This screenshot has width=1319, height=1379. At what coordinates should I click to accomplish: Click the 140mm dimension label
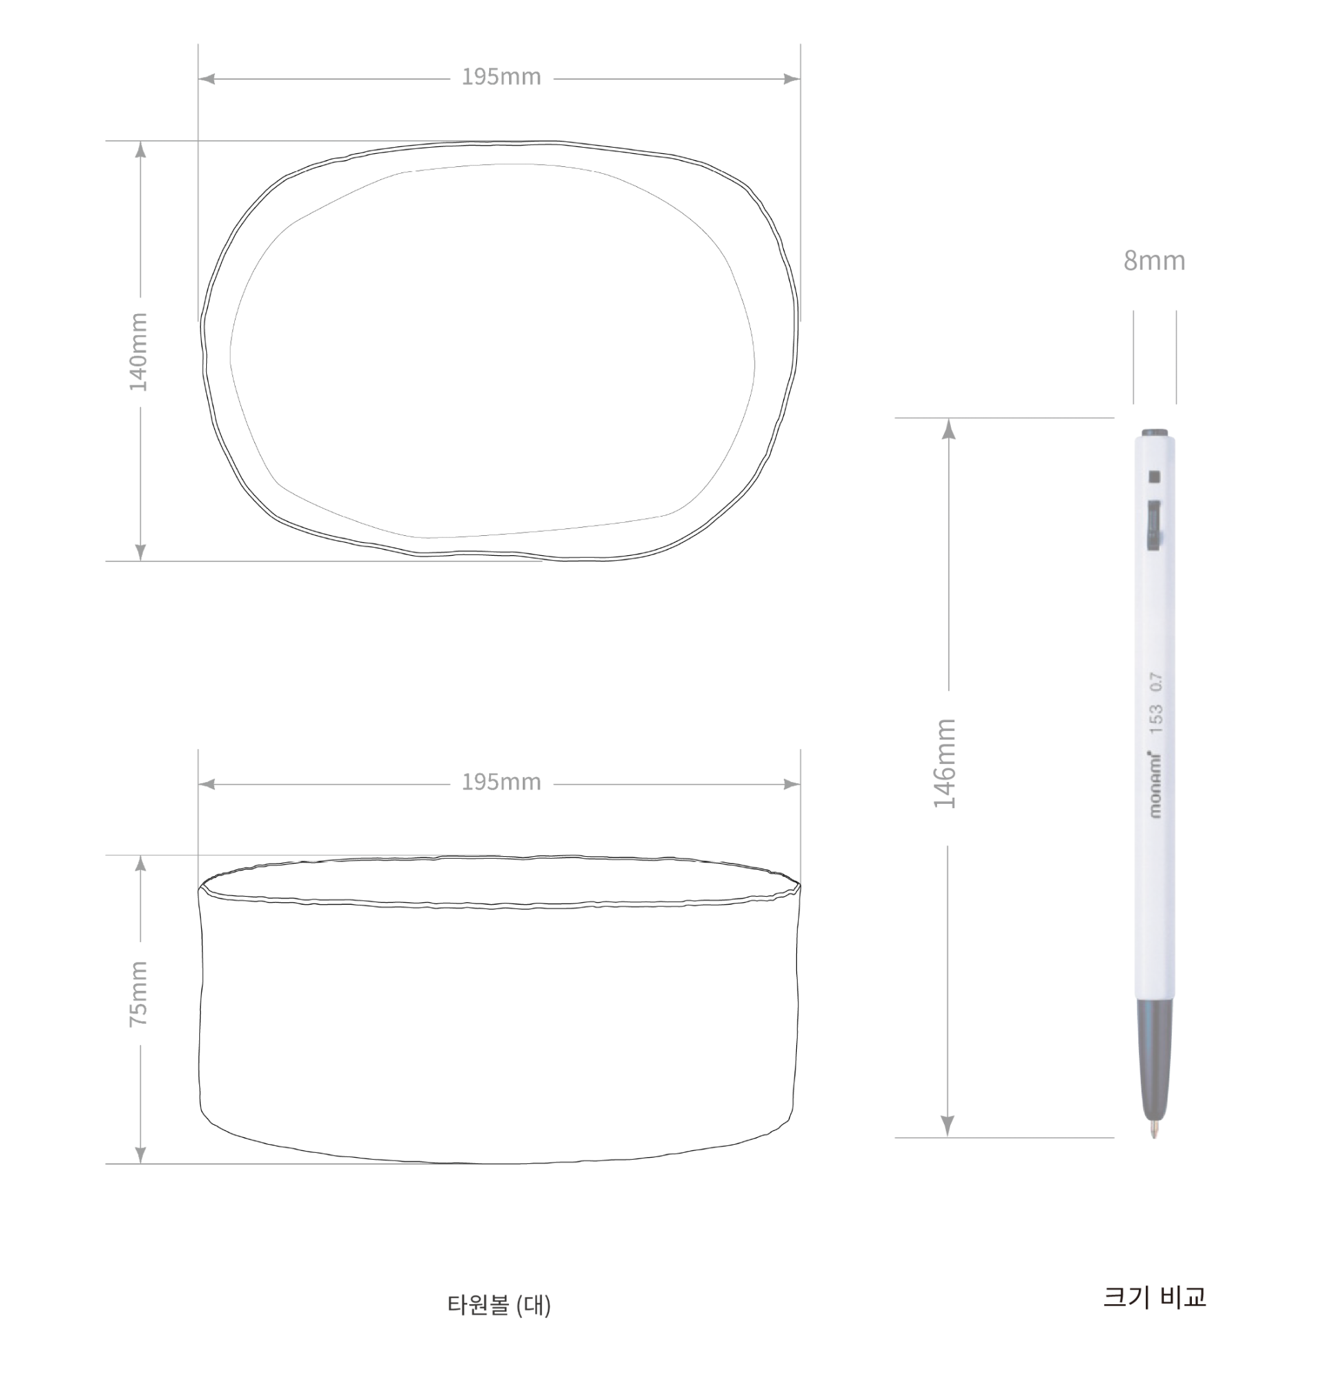pyautogui.click(x=139, y=352)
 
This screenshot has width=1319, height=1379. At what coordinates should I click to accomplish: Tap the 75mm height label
pyautogui.click(x=139, y=994)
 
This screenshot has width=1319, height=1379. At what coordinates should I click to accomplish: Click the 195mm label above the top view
pyautogui.click(x=501, y=77)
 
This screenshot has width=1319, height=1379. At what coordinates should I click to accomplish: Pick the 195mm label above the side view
pyautogui.click(x=501, y=782)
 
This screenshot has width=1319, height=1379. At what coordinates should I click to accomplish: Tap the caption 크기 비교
pyautogui.click(x=1155, y=1296)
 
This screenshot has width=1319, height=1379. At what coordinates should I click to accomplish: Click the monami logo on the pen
pyautogui.click(x=1155, y=785)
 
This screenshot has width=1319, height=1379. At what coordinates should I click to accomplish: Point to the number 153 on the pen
pyautogui.click(x=1156, y=719)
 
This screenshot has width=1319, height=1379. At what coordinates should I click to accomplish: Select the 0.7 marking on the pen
pyautogui.click(x=1156, y=682)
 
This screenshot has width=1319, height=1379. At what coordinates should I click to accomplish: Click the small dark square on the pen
pyautogui.click(x=1153, y=478)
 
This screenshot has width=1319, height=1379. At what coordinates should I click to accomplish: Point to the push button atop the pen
pyautogui.click(x=1155, y=433)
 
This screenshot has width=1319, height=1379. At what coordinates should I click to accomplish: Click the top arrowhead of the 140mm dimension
pyautogui.click(x=141, y=149)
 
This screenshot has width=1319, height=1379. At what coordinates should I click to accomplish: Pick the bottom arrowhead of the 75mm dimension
pyautogui.click(x=141, y=1156)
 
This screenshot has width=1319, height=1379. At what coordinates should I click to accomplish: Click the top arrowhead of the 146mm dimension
pyautogui.click(x=949, y=428)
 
